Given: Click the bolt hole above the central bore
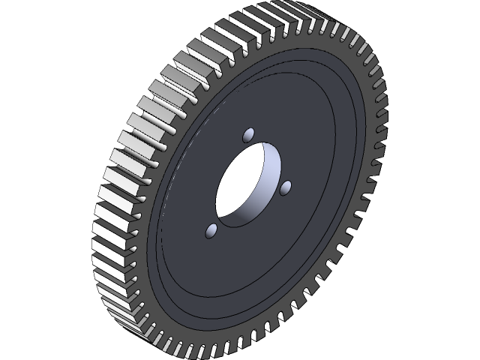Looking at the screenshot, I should pos(248,136).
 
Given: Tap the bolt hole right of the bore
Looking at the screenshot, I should pos(286,187).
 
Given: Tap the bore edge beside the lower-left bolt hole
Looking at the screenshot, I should pos(218,217).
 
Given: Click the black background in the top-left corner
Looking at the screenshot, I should pos(30,30).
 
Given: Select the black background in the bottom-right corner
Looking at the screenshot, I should pos(450,330).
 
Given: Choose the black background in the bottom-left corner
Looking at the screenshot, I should pos(30,330).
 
